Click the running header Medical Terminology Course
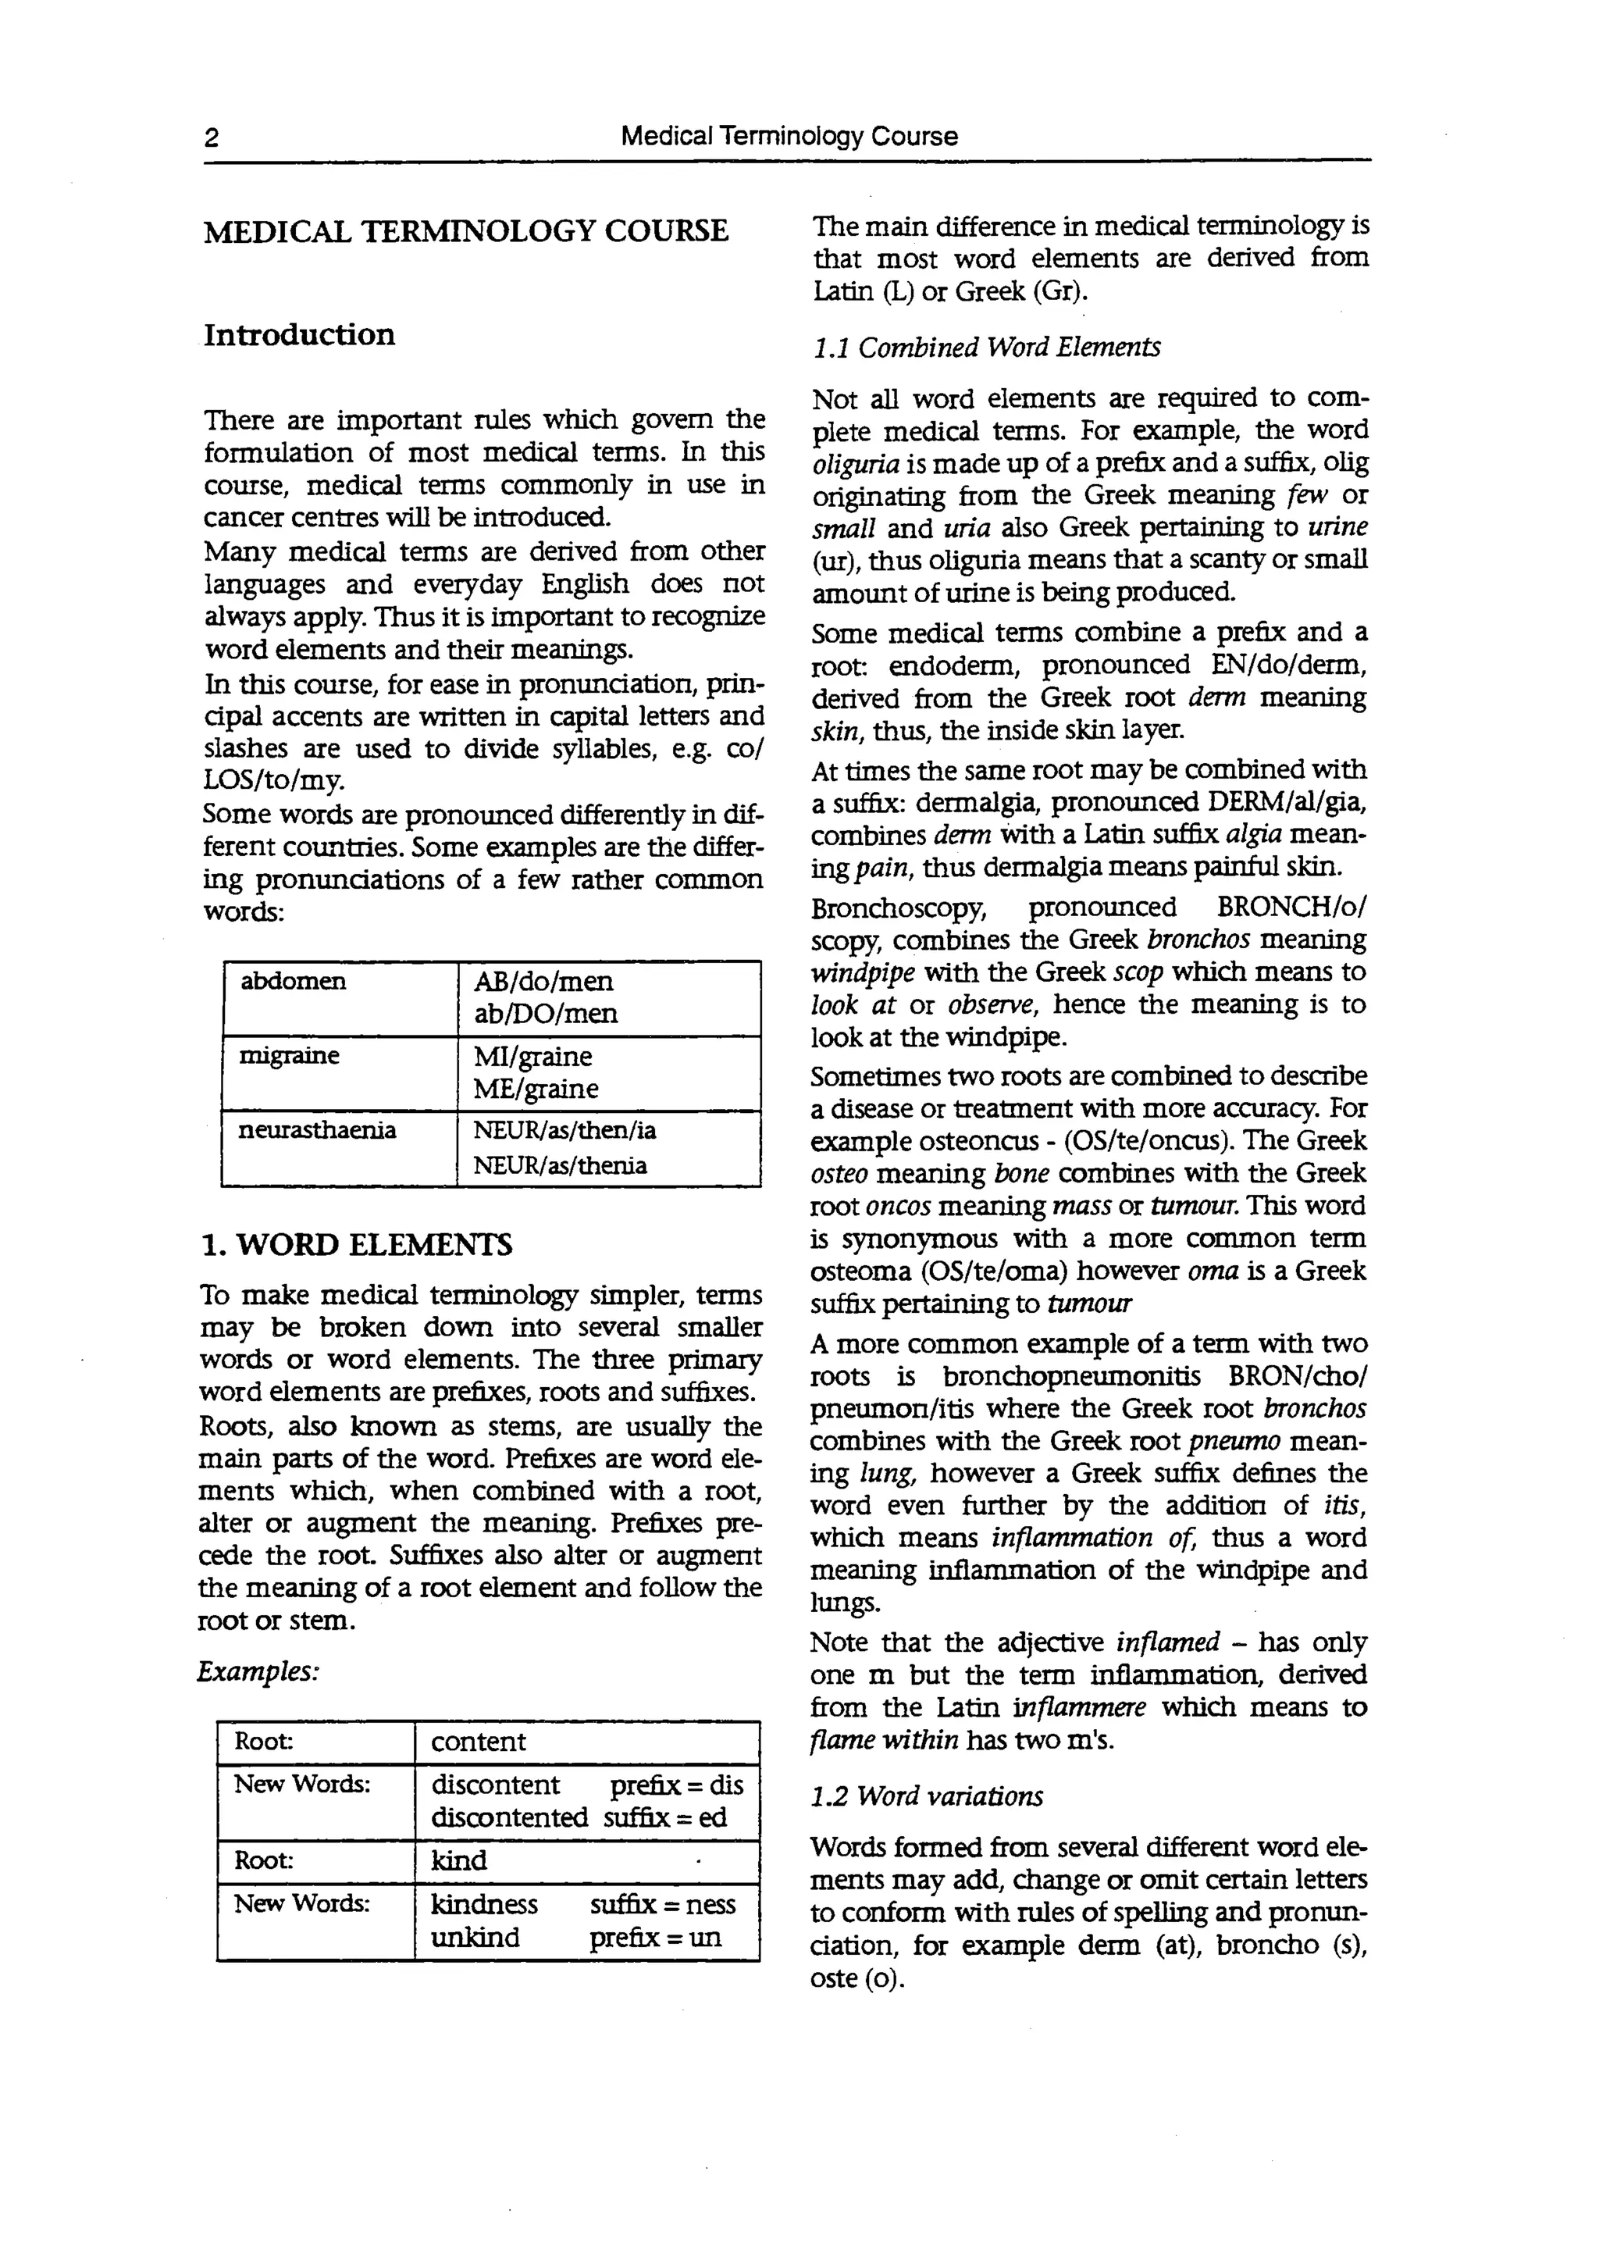pyautogui.click(x=789, y=136)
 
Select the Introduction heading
pyautogui.click(x=299, y=335)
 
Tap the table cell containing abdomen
pyautogui.click(x=294, y=982)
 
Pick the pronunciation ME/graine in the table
pyautogui.click(x=536, y=1089)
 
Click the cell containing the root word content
pyautogui.click(x=479, y=1742)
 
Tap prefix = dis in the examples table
pyautogui.click(x=676, y=1785)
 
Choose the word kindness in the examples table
pyautogui.click(x=484, y=1905)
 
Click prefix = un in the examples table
pyautogui.click(x=655, y=1938)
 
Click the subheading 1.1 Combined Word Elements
pyautogui.click(x=985, y=348)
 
